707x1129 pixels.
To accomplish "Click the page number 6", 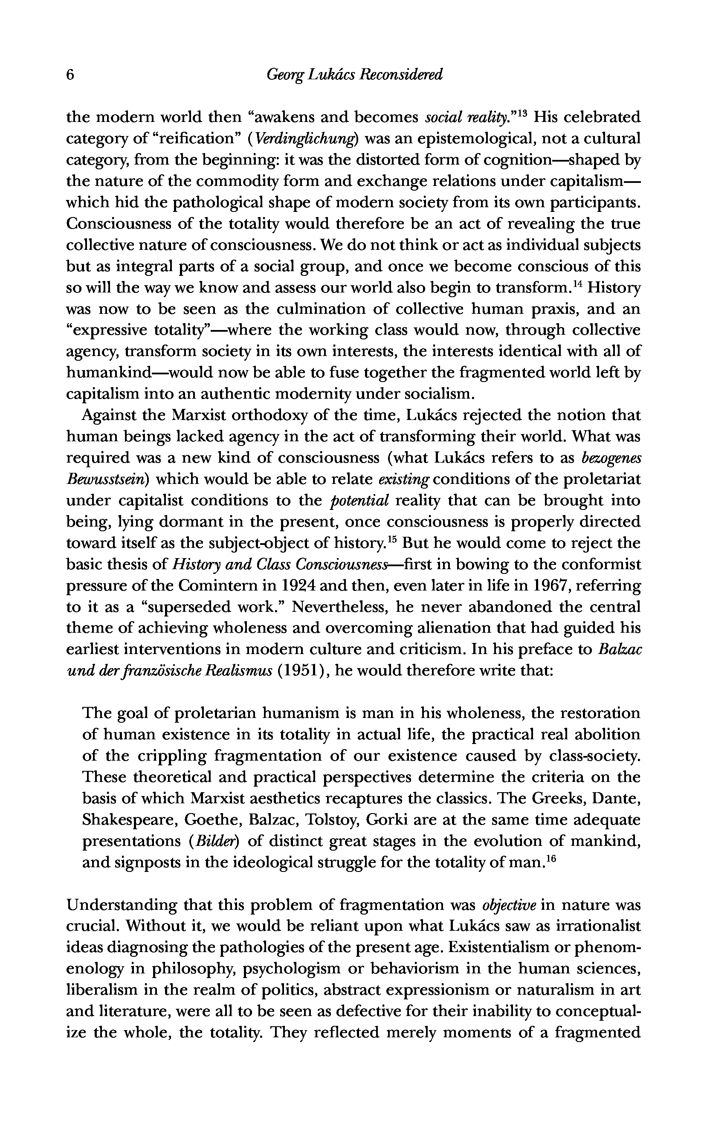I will point(71,75).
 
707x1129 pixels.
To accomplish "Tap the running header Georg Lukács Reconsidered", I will point(354,75).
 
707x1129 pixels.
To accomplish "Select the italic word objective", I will point(509,906).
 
